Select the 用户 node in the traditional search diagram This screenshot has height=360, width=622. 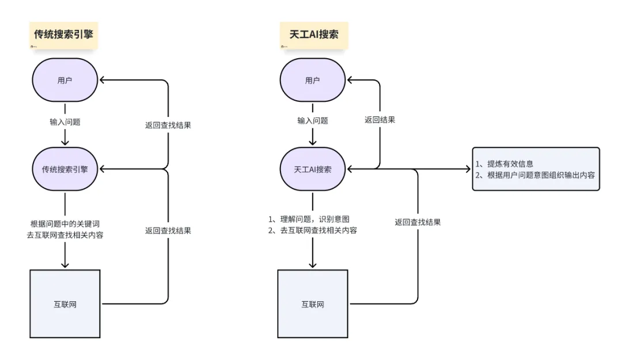click(65, 81)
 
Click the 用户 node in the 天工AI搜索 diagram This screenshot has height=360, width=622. click(313, 81)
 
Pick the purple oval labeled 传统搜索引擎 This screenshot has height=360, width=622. click(65, 169)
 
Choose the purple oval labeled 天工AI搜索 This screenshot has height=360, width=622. click(313, 169)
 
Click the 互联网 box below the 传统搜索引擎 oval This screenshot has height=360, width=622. click(65, 304)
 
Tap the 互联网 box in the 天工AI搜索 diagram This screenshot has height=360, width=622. click(313, 304)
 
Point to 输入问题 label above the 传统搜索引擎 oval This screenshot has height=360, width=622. click(65, 122)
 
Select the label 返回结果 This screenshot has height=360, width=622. click(380, 120)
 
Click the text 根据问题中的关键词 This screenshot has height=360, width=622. click(65, 223)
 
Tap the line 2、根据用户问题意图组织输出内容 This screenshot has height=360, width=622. click(535, 175)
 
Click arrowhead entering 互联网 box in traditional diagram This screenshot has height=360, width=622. click(65, 264)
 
